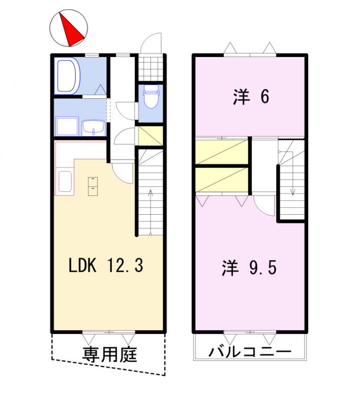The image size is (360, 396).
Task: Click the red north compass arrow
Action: tap(71, 29)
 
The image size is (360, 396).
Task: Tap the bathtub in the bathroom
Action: tap(68, 76)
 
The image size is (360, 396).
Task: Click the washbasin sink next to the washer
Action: tap(93, 127)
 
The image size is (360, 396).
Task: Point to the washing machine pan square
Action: tap(67, 126)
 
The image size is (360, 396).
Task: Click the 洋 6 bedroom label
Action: tap(251, 96)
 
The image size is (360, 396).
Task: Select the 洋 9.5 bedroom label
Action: tap(249, 268)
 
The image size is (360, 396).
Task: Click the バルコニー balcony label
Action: tap(249, 352)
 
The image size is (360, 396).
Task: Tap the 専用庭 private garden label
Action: tap(109, 354)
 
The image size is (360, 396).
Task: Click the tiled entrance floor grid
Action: tap(151, 67)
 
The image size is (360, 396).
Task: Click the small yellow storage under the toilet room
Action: tap(151, 136)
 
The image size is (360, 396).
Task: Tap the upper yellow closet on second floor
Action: tap(222, 152)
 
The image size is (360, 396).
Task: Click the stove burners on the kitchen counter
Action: tap(92, 185)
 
